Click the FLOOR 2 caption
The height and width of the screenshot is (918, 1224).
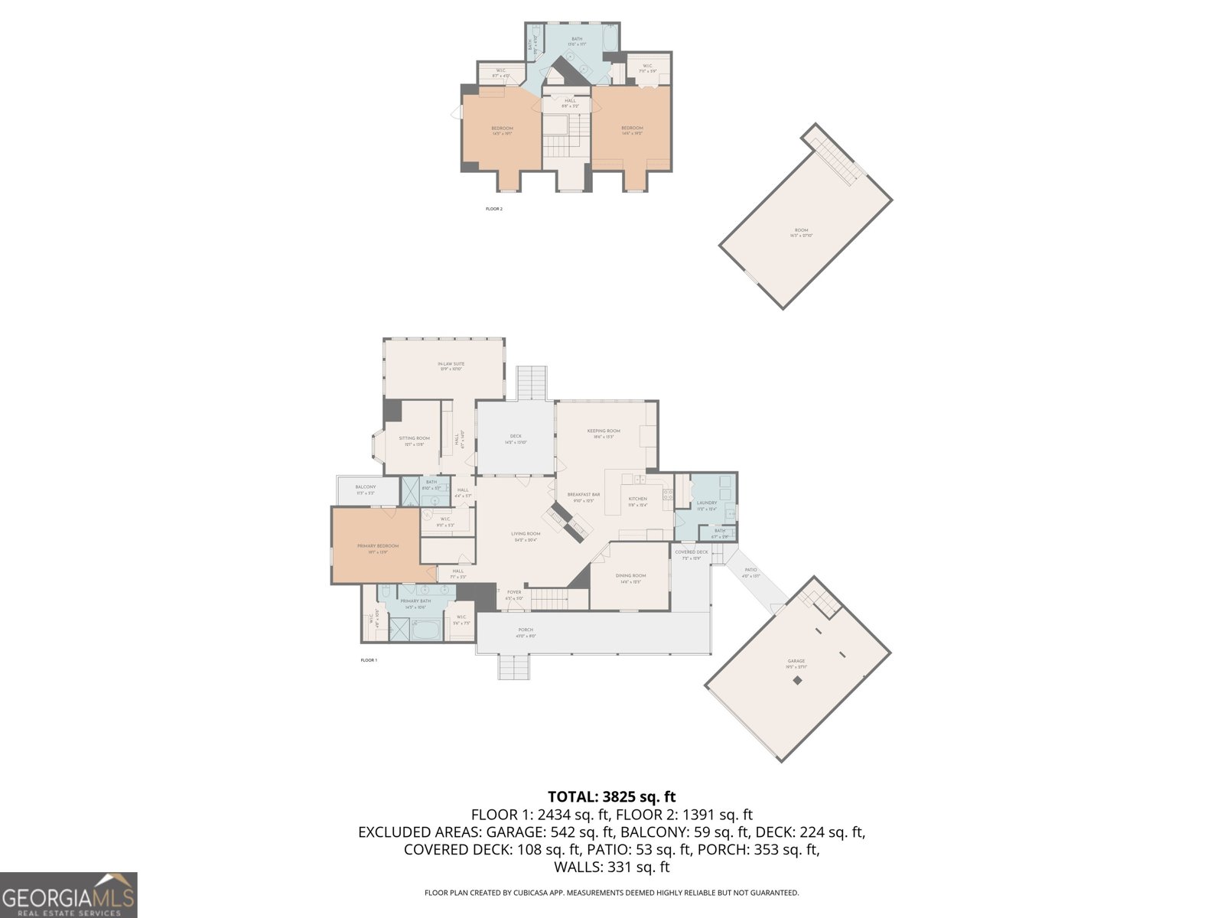pos(494,209)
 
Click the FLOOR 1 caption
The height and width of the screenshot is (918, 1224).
pos(369,660)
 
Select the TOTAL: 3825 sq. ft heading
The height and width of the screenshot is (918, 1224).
pos(611,797)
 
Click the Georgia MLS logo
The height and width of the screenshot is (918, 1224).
pos(68,894)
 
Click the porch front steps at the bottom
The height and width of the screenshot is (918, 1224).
pos(514,668)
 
